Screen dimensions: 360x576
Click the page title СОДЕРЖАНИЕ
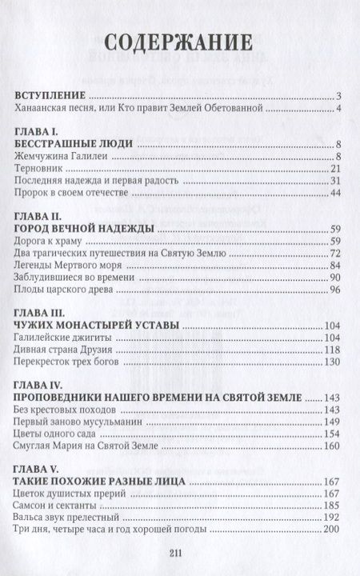pos(179,42)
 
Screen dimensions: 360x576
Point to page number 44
pos(335,194)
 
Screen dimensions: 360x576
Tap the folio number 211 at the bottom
pos(179,559)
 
